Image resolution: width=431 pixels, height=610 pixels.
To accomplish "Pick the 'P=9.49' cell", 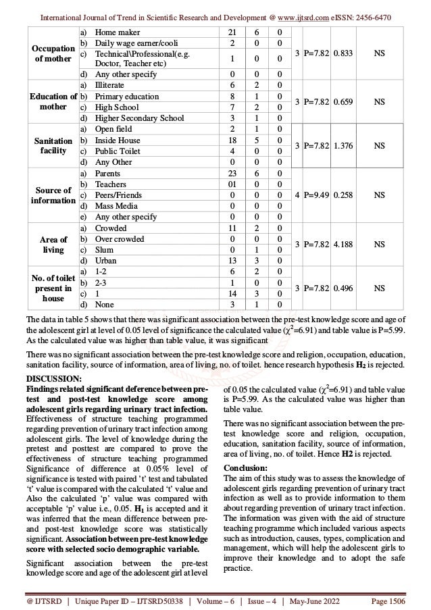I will point(311,195).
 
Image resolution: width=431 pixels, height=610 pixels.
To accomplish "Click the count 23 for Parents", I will point(232,174).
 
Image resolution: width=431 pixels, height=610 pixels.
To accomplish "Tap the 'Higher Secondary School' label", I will point(140,118).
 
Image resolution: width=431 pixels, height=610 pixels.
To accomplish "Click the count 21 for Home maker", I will point(232,32).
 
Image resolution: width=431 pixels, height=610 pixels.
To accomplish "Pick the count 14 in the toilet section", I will point(232,295).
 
